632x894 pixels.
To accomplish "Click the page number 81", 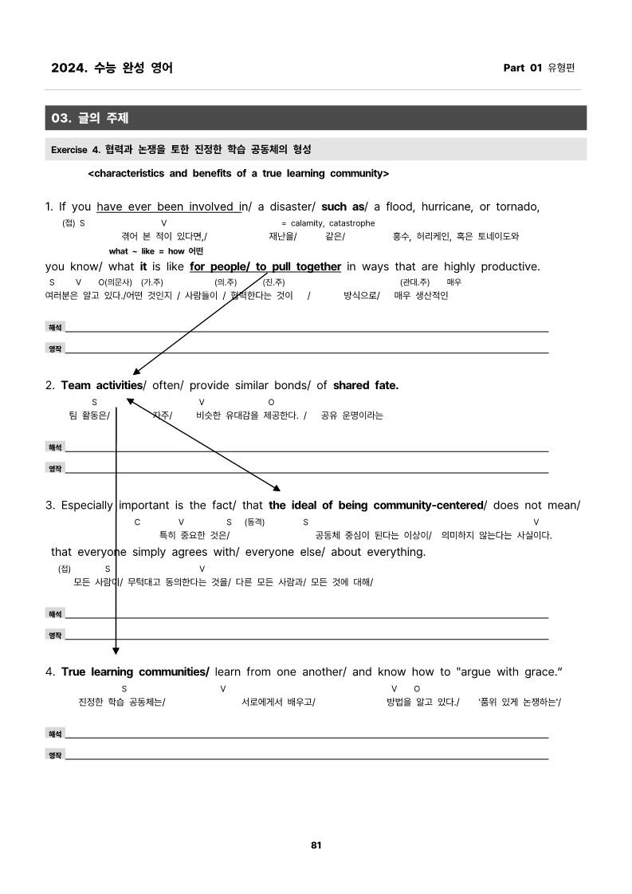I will pos(316,845).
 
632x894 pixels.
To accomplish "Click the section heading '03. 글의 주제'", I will pos(90,118).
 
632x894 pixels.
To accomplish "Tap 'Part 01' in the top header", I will pos(523,68).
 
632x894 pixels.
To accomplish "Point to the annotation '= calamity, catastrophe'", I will pos(328,223).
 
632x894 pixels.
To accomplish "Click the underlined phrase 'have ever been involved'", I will pos(167,207).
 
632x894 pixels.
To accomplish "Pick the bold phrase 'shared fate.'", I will pos(365,385).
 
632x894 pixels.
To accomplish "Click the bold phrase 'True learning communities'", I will pos(135,671).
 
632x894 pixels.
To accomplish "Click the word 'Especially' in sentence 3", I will pos(87,505).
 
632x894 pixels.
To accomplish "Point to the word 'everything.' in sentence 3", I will pos(396,552).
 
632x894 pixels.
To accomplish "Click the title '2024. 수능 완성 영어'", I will pos(112,68).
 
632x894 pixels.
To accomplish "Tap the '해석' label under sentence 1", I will pos(54,328).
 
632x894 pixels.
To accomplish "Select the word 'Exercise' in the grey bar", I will pos(69,149).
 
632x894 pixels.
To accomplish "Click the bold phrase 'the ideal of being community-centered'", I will pos(375,505).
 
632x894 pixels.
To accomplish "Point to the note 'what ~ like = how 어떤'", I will pos(155,251).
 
